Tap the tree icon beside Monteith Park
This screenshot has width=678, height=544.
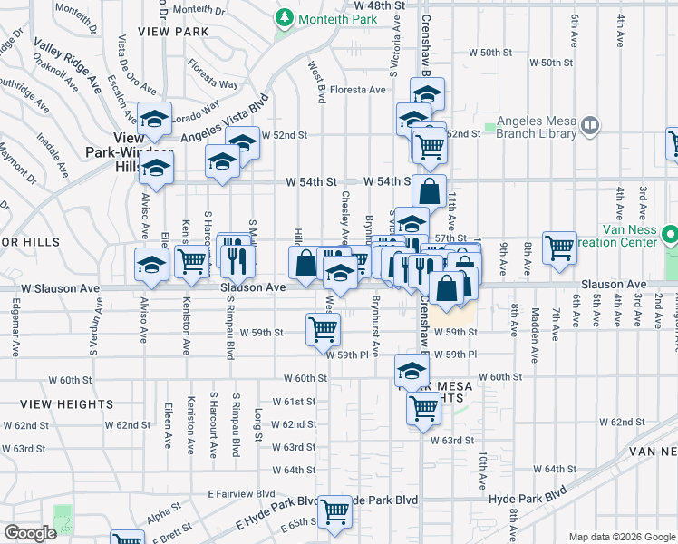tap(284, 18)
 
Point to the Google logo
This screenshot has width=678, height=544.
tap(30, 532)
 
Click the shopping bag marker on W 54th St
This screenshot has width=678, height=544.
tap(430, 191)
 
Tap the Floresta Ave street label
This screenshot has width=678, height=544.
tap(358, 90)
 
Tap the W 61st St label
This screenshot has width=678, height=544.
tap(299, 401)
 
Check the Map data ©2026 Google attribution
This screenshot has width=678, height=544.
tap(621, 537)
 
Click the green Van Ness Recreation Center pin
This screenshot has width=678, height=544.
tap(670, 236)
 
